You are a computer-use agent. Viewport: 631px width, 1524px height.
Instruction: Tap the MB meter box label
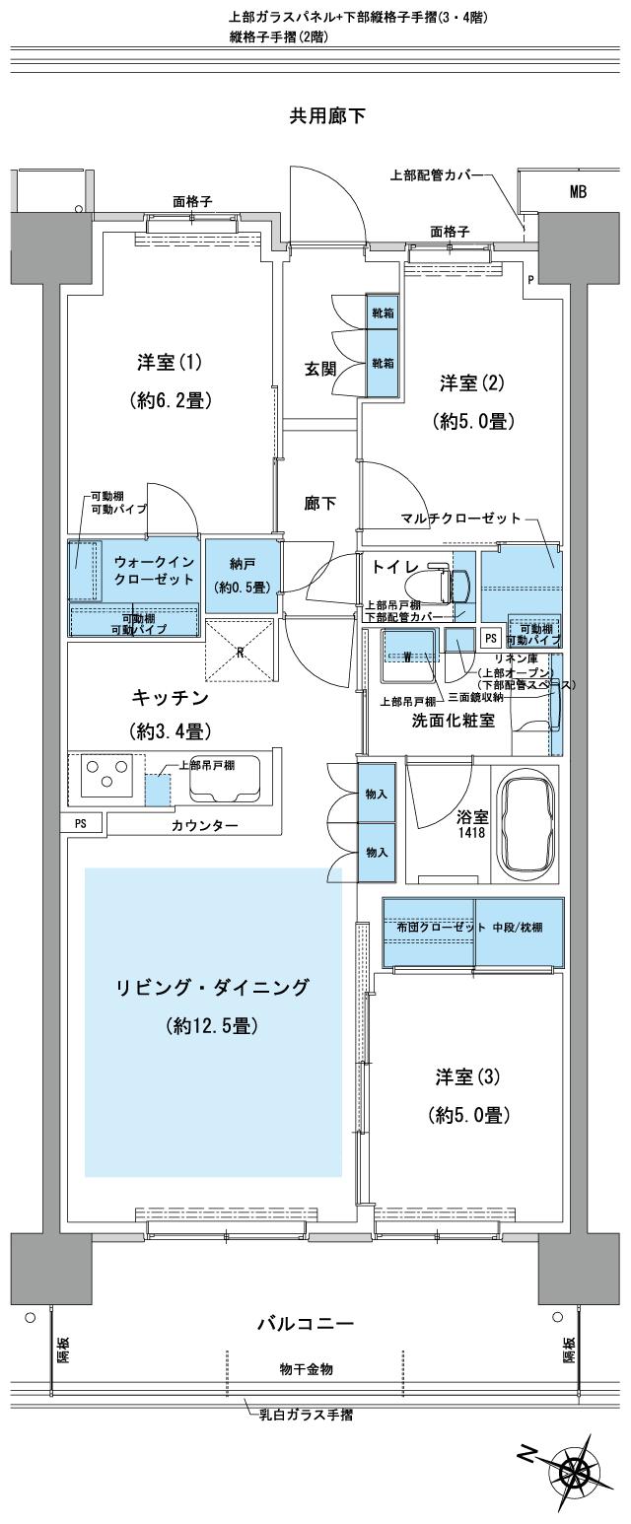tap(578, 193)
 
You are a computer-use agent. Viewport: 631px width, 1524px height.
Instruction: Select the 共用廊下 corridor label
tap(326, 116)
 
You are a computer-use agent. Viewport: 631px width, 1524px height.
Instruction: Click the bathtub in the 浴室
tap(530, 824)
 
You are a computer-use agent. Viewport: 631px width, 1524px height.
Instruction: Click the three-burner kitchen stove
tap(107, 778)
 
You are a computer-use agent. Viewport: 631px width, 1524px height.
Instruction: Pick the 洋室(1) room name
tap(169, 362)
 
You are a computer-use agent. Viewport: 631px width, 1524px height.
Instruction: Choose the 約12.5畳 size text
tap(213, 1026)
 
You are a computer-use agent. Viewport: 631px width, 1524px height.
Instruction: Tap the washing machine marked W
tap(408, 655)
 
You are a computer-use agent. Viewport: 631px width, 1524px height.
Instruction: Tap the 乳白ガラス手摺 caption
tap(306, 1415)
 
